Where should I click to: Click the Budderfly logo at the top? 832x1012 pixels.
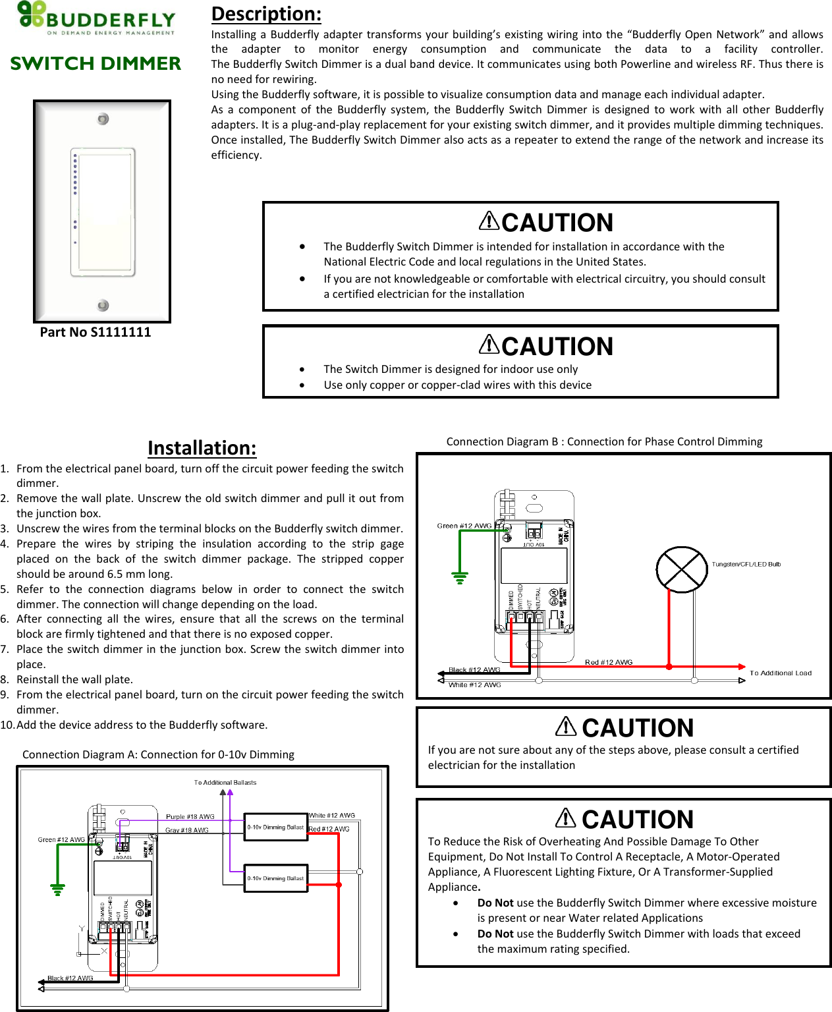96,18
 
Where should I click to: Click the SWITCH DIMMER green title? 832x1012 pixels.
96,63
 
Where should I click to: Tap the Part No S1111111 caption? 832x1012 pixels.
96,332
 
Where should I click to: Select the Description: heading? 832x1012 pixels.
266,14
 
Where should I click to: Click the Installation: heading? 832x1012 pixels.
202,448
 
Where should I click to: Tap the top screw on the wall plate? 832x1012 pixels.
103,119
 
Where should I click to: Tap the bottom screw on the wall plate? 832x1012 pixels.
103,305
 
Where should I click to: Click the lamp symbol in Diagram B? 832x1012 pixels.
682,569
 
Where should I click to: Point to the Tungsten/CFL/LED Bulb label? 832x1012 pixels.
746,564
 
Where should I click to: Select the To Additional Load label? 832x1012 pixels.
781,673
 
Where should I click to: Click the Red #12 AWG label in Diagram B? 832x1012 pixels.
609,662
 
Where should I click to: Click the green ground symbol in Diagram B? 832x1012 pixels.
460,578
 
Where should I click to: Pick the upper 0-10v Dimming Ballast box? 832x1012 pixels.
276,827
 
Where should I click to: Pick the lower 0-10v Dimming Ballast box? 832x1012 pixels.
276,878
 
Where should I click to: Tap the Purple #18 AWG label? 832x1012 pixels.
190,817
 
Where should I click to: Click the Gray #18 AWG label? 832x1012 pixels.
186,830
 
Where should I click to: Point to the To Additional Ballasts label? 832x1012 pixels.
225,783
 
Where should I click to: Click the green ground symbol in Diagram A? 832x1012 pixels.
58,890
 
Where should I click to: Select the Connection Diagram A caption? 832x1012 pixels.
158,754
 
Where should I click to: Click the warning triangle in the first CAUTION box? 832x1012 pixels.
489,220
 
